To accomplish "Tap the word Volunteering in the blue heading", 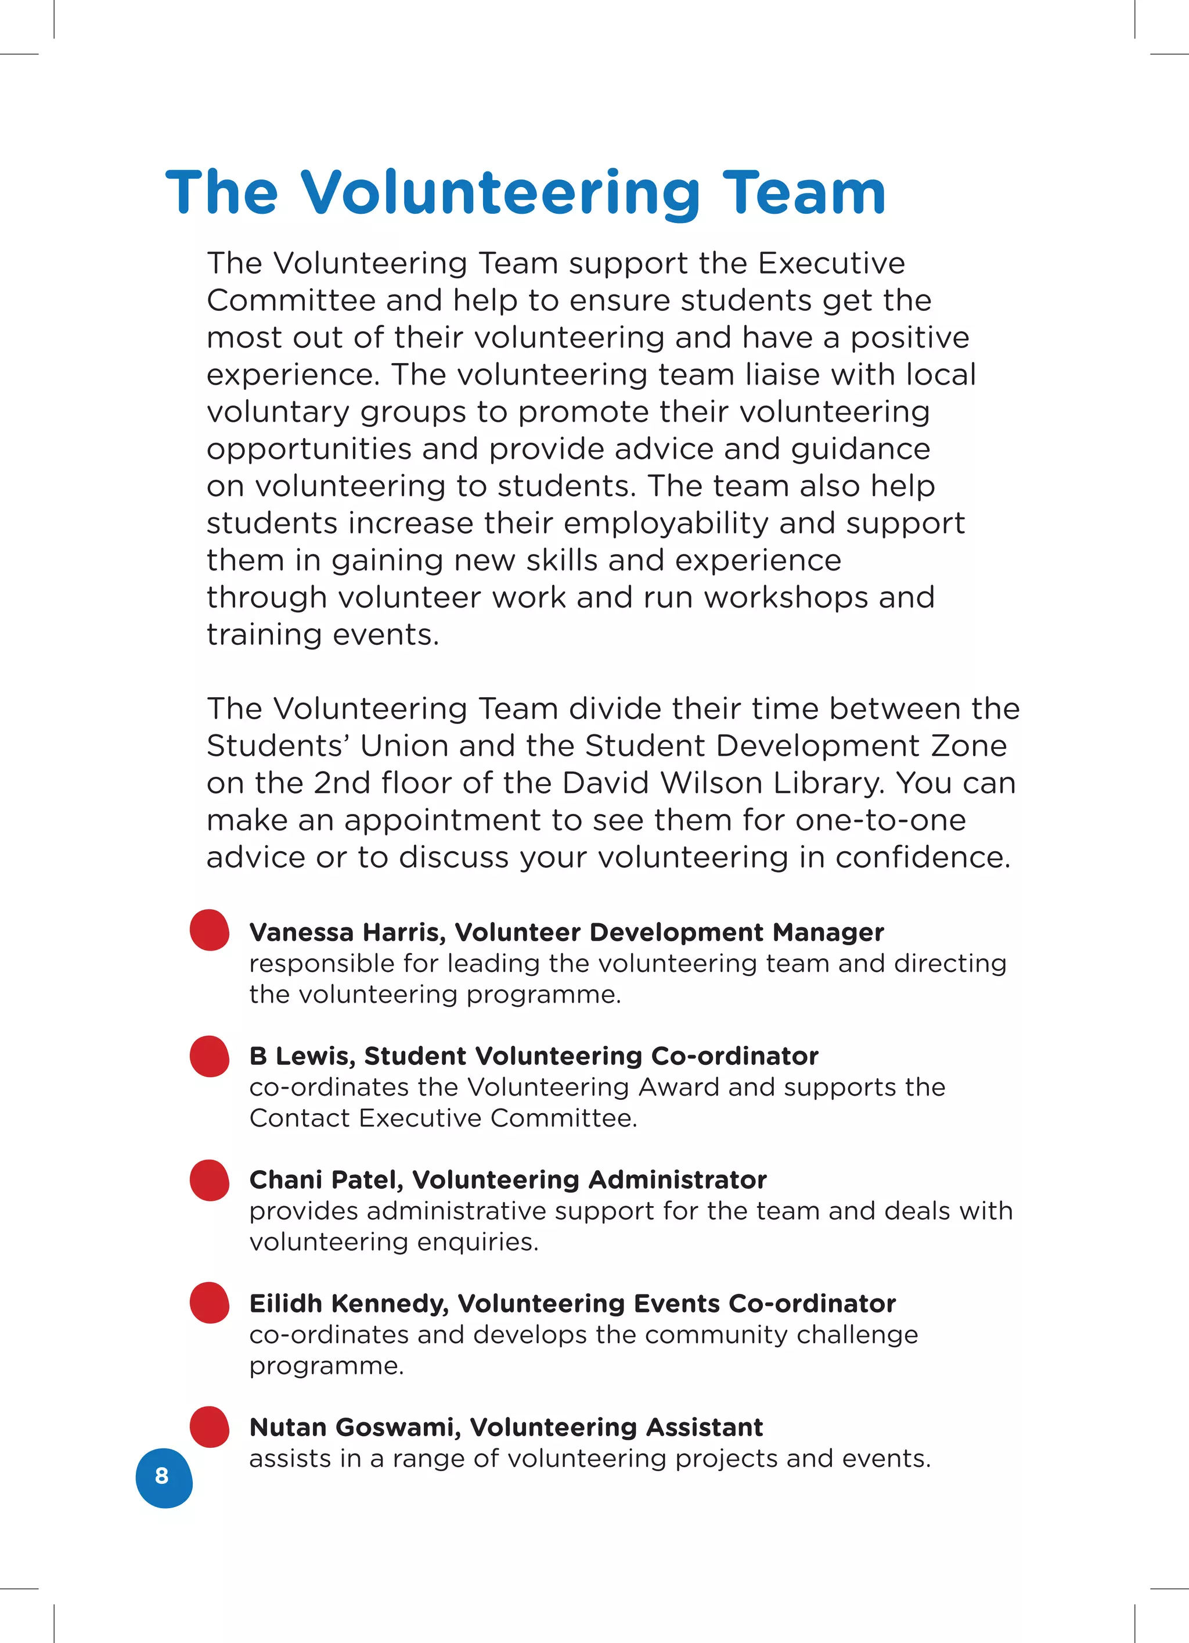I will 500,193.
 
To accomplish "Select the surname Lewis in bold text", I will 316,1056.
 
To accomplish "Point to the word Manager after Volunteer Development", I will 828,932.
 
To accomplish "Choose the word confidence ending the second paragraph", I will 923,858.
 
